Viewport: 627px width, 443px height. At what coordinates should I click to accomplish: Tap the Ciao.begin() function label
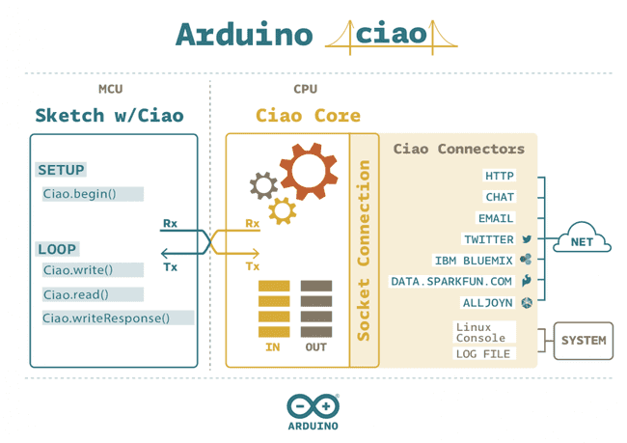79,194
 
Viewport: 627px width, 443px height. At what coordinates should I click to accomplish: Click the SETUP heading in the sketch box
62,170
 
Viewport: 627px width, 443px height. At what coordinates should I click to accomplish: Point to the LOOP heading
57,249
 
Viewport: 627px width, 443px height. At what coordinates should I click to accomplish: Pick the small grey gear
262,184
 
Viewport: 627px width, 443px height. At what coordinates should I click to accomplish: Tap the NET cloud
581,241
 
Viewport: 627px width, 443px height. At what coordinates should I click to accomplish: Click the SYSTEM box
584,340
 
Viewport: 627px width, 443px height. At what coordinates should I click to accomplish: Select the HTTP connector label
500,176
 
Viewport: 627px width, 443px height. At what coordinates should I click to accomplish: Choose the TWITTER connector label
489,239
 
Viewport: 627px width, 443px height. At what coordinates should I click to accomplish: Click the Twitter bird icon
527,239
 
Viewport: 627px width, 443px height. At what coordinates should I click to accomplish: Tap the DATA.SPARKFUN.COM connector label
451,282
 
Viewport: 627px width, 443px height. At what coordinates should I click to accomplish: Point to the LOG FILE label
483,354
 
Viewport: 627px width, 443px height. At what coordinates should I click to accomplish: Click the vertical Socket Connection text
364,250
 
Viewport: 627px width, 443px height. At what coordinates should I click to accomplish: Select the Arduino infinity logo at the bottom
313,404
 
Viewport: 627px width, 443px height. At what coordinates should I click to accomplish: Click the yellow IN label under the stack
273,346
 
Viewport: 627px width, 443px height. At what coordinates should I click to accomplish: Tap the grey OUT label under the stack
314,346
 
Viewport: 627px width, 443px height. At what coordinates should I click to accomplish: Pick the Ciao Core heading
308,116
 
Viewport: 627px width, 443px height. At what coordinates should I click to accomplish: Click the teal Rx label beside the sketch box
170,224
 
